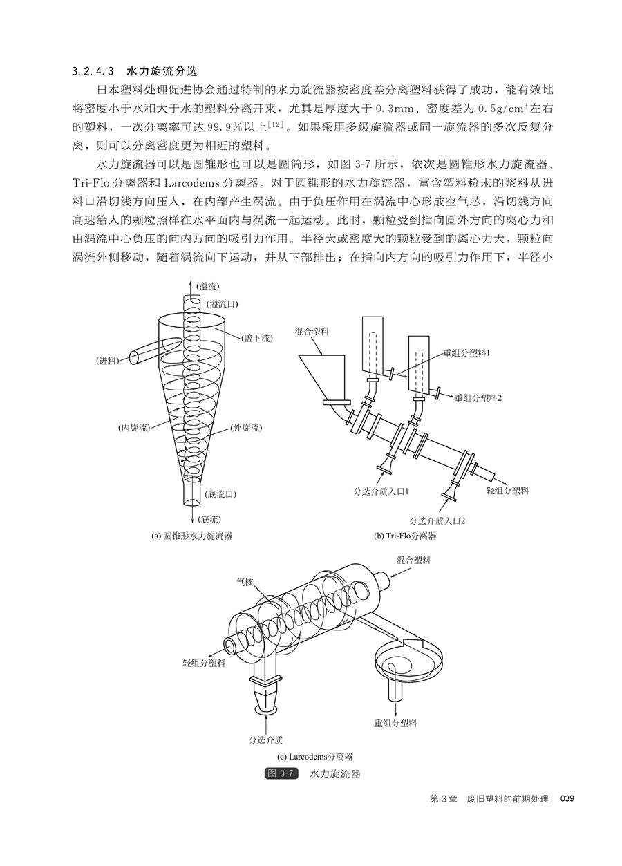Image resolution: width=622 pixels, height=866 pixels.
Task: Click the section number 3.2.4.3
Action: pyautogui.click(x=94, y=72)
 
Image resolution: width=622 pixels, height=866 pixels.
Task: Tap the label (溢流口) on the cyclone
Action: pyautogui.click(x=223, y=304)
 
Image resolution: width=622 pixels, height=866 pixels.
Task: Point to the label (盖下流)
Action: pyautogui.click(x=256, y=339)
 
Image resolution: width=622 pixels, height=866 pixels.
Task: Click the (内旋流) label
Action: pyautogui.click(x=134, y=428)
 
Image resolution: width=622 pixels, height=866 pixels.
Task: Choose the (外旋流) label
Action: pyautogui.click(x=246, y=428)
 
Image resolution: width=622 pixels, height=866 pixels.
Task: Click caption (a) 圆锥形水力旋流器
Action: pyautogui.click(x=192, y=536)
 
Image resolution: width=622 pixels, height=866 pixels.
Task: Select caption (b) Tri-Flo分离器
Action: pyautogui.click(x=405, y=536)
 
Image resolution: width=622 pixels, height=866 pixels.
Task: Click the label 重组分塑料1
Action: pyautogui.click(x=466, y=353)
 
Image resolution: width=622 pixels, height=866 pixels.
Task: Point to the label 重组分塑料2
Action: pyautogui.click(x=478, y=398)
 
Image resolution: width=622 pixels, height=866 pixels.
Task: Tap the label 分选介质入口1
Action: pyautogui.click(x=381, y=491)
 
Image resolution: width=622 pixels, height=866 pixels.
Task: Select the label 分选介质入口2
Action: pyautogui.click(x=437, y=520)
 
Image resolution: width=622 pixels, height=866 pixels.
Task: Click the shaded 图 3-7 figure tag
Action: pyautogui.click(x=281, y=773)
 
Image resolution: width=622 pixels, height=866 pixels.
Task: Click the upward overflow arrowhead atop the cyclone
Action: pyautogui.click(x=189, y=284)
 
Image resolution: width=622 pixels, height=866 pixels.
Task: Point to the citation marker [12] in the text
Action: pyautogui.click(x=276, y=124)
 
